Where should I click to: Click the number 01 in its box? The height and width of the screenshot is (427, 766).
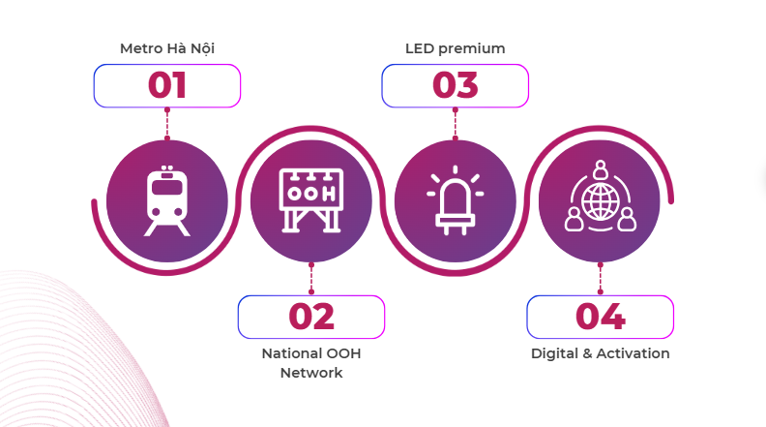[x=167, y=85]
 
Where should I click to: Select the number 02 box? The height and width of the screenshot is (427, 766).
[x=311, y=317]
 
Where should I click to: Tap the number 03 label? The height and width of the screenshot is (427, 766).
[x=456, y=85]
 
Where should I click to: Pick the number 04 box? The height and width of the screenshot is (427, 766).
[x=600, y=317]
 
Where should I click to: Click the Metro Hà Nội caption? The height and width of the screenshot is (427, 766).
[x=167, y=48]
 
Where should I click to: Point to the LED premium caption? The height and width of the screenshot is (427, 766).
[x=456, y=49]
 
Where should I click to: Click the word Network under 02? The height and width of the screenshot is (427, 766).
[x=311, y=373]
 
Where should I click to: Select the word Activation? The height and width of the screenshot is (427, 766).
[x=633, y=353]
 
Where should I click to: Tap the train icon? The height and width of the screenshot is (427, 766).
[x=167, y=201]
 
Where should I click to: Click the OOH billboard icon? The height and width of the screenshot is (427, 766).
[x=311, y=200]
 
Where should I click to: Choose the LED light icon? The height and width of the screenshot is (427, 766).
[x=456, y=200]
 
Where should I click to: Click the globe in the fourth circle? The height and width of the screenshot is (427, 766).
[x=601, y=201]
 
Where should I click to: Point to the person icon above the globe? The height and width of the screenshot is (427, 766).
[x=601, y=169]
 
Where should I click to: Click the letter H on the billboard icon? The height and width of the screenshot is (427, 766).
[x=329, y=194]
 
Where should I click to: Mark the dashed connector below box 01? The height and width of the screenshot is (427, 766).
[x=167, y=124]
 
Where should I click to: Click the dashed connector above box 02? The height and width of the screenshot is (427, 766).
[x=311, y=278]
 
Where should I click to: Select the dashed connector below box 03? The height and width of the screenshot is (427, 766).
[x=456, y=124]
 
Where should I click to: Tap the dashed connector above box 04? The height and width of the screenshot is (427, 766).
[x=601, y=278]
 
